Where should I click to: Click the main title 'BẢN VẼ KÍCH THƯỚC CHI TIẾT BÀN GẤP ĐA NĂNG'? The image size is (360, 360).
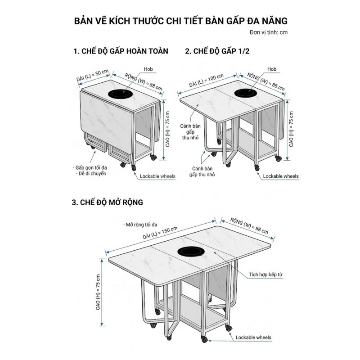[x=180, y=21]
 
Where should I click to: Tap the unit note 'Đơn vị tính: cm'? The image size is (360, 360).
[x=268, y=33]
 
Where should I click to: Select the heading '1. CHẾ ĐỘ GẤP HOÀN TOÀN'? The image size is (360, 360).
[x=121, y=51]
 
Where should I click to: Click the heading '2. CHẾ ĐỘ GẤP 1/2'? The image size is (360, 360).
[x=217, y=51]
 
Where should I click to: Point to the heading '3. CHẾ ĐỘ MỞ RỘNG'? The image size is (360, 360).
[x=108, y=202]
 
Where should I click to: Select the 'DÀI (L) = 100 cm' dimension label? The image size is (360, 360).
[x=207, y=80]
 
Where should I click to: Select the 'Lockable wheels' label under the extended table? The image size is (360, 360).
[x=253, y=337]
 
